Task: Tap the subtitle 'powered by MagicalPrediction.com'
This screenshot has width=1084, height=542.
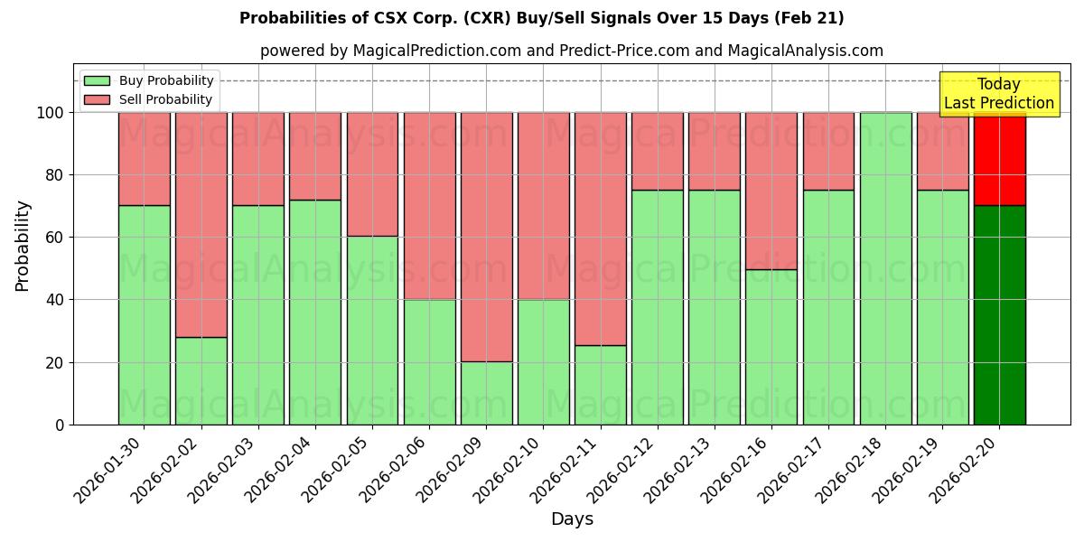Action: (571, 51)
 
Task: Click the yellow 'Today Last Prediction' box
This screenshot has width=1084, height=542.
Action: (998, 94)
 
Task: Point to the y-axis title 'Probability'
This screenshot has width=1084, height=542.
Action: (23, 246)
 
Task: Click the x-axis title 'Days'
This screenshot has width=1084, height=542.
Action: (572, 519)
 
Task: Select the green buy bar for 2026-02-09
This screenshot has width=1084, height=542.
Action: (486, 393)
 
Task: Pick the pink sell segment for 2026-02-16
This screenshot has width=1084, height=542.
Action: (771, 191)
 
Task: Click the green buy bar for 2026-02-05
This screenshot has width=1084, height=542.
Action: (372, 330)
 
